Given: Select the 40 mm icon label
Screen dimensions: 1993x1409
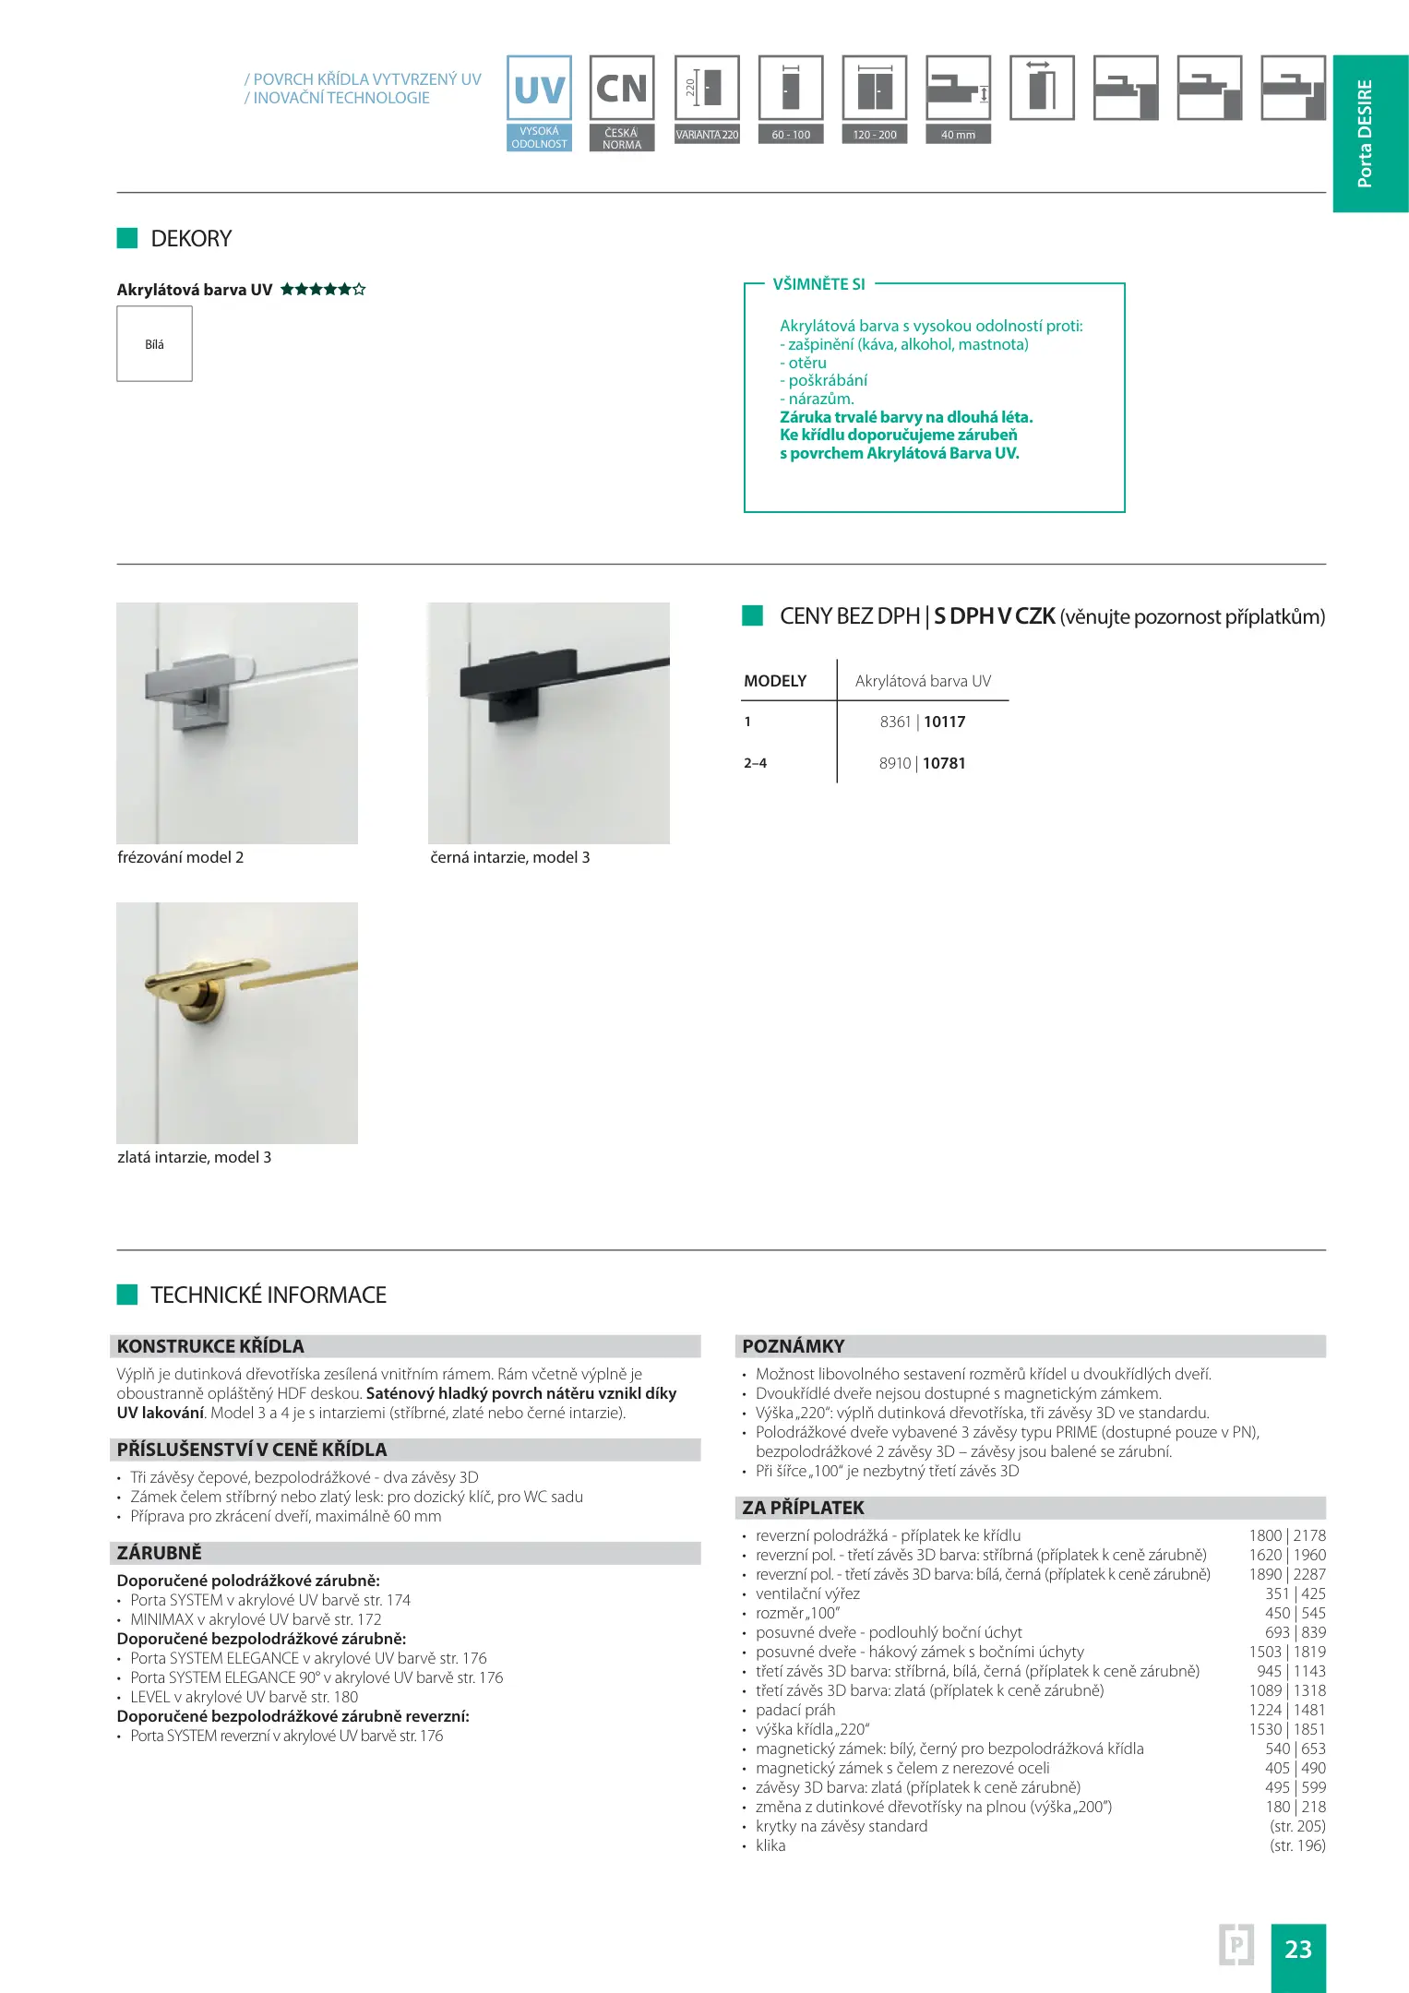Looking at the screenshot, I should tap(958, 135).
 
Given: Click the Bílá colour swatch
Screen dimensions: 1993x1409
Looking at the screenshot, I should tap(154, 344).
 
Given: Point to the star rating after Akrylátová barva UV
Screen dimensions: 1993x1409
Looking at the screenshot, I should tap(323, 290).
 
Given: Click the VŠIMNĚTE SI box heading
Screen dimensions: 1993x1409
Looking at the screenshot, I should tap(818, 284).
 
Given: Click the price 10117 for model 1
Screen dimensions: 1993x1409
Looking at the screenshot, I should tap(944, 722).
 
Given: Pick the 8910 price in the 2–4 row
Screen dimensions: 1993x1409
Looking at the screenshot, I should tap(894, 763).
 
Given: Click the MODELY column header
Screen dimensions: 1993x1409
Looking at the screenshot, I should tap(775, 681).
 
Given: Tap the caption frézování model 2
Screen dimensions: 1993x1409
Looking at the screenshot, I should tap(181, 857).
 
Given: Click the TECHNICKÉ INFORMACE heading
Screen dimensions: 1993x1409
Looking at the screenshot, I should tap(268, 1295).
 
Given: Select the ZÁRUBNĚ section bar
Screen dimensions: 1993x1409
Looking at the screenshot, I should tap(405, 1553).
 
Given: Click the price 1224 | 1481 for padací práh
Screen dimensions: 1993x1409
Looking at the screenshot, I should tap(1286, 1710).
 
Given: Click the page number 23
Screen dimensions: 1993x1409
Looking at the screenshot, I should tap(1297, 1949).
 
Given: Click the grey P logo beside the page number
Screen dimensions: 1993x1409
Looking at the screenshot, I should tap(1236, 1945).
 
